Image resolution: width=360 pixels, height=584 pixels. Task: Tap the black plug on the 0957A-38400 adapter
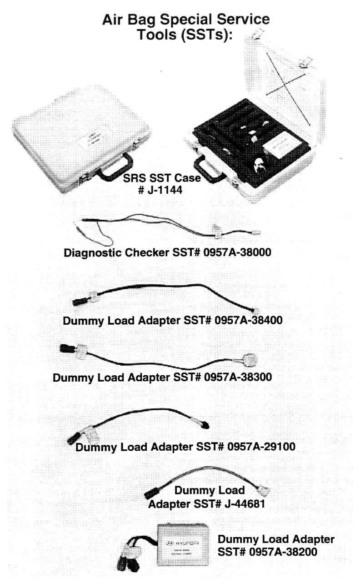[x=78, y=301]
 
